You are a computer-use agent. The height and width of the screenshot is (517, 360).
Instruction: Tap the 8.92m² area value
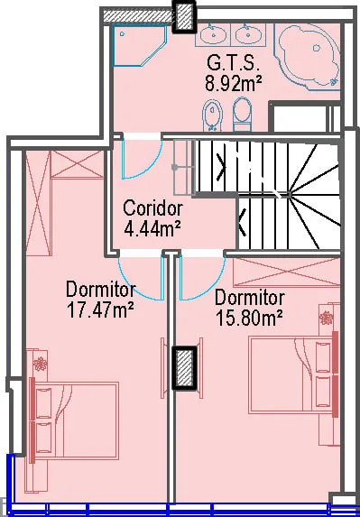[x=234, y=83]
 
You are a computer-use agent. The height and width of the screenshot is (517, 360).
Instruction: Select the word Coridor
[x=153, y=208]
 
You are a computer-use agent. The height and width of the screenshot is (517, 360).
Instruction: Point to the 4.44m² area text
[x=152, y=228]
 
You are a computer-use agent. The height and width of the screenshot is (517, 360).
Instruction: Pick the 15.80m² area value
[x=250, y=319]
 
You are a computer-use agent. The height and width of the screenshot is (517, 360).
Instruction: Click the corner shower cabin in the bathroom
[x=140, y=46]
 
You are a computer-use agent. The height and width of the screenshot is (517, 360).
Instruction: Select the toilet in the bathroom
[x=243, y=115]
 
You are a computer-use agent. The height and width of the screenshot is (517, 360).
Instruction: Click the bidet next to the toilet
[x=212, y=115]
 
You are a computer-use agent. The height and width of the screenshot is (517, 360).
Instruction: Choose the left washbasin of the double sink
[x=213, y=34]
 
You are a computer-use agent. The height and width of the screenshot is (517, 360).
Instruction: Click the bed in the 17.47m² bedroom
[x=75, y=420]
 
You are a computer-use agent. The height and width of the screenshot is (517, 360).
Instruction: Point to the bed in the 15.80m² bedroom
[x=294, y=374]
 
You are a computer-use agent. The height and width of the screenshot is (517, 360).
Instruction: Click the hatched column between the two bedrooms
[x=185, y=368]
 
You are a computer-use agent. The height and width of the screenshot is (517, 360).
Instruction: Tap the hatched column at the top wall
[x=184, y=16]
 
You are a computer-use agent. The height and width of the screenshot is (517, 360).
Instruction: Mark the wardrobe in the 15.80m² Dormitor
[x=287, y=272]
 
